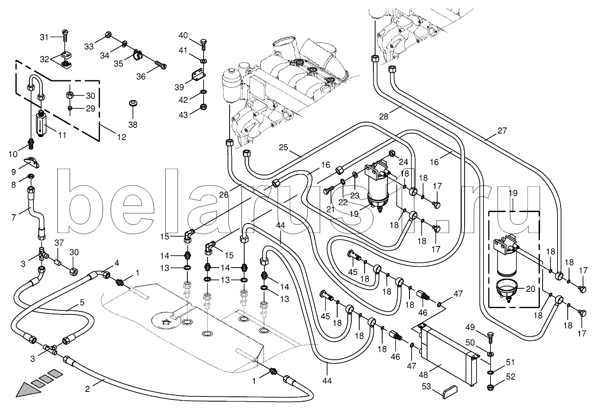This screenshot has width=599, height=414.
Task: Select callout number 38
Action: coord(133,125)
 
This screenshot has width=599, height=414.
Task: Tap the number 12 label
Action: coord(121,137)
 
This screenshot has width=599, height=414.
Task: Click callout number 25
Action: coord(283,147)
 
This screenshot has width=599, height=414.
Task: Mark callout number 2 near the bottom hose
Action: coord(87,388)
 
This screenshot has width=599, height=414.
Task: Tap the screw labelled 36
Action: coord(161,66)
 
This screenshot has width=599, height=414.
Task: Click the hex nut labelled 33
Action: coord(108,35)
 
